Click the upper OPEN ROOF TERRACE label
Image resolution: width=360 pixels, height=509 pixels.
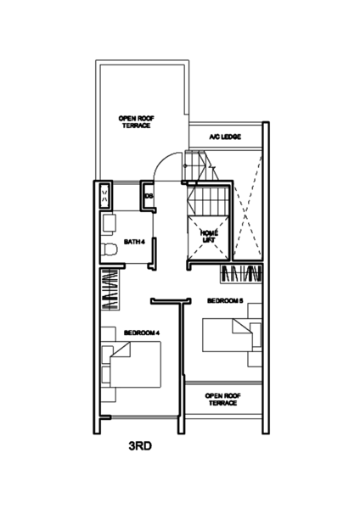[x=136, y=121]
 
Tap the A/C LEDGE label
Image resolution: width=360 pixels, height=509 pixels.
[x=225, y=137]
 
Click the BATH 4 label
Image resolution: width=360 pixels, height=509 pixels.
[x=134, y=242]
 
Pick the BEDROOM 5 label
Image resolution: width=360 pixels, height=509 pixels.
[x=226, y=300]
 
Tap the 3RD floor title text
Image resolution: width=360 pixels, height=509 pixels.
[x=140, y=446]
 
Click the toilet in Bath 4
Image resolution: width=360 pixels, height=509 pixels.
[x=109, y=250]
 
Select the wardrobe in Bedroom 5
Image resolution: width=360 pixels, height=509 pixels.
[x=243, y=273]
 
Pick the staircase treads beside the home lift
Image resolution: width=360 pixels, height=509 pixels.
[x=207, y=204]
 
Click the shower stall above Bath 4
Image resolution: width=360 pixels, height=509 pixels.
[x=105, y=197]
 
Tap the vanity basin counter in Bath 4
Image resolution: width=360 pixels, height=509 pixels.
[x=108, y=226]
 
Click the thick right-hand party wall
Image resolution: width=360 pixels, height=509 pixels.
[x=266, y=280]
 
